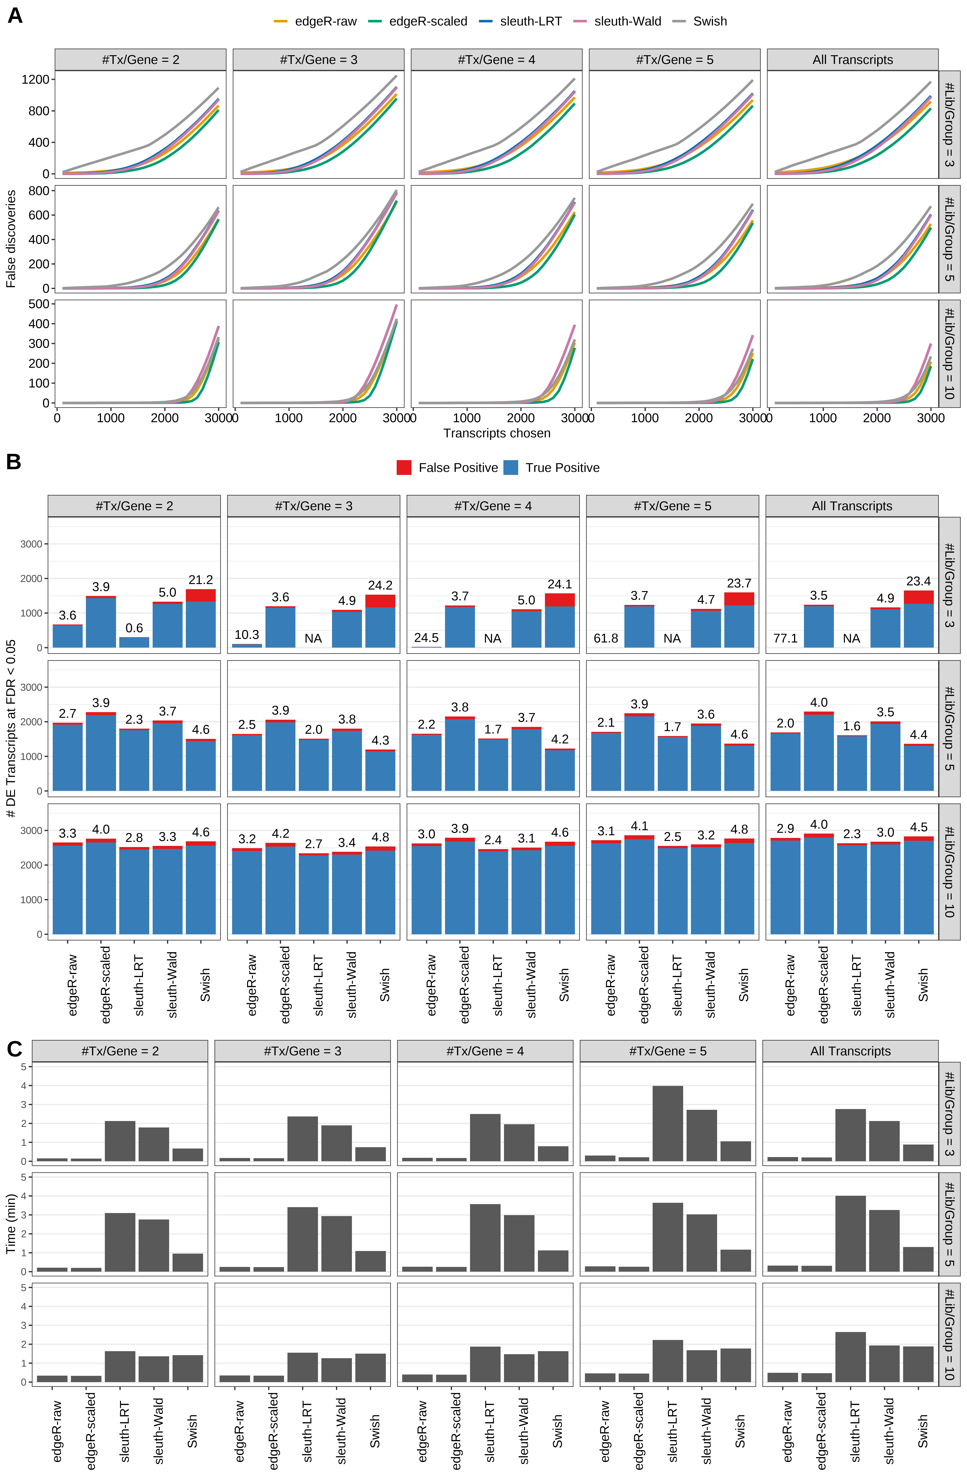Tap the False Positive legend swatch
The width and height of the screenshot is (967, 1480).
click(404, 468)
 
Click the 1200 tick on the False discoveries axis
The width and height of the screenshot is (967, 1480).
click(35, 80)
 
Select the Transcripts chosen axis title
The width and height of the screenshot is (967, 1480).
click(497, 433)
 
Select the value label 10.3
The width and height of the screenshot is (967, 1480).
click(247, 635)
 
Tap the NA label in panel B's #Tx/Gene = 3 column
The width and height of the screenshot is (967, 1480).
click(313, 639)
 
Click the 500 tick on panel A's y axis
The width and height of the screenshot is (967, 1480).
click(38, 304)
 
